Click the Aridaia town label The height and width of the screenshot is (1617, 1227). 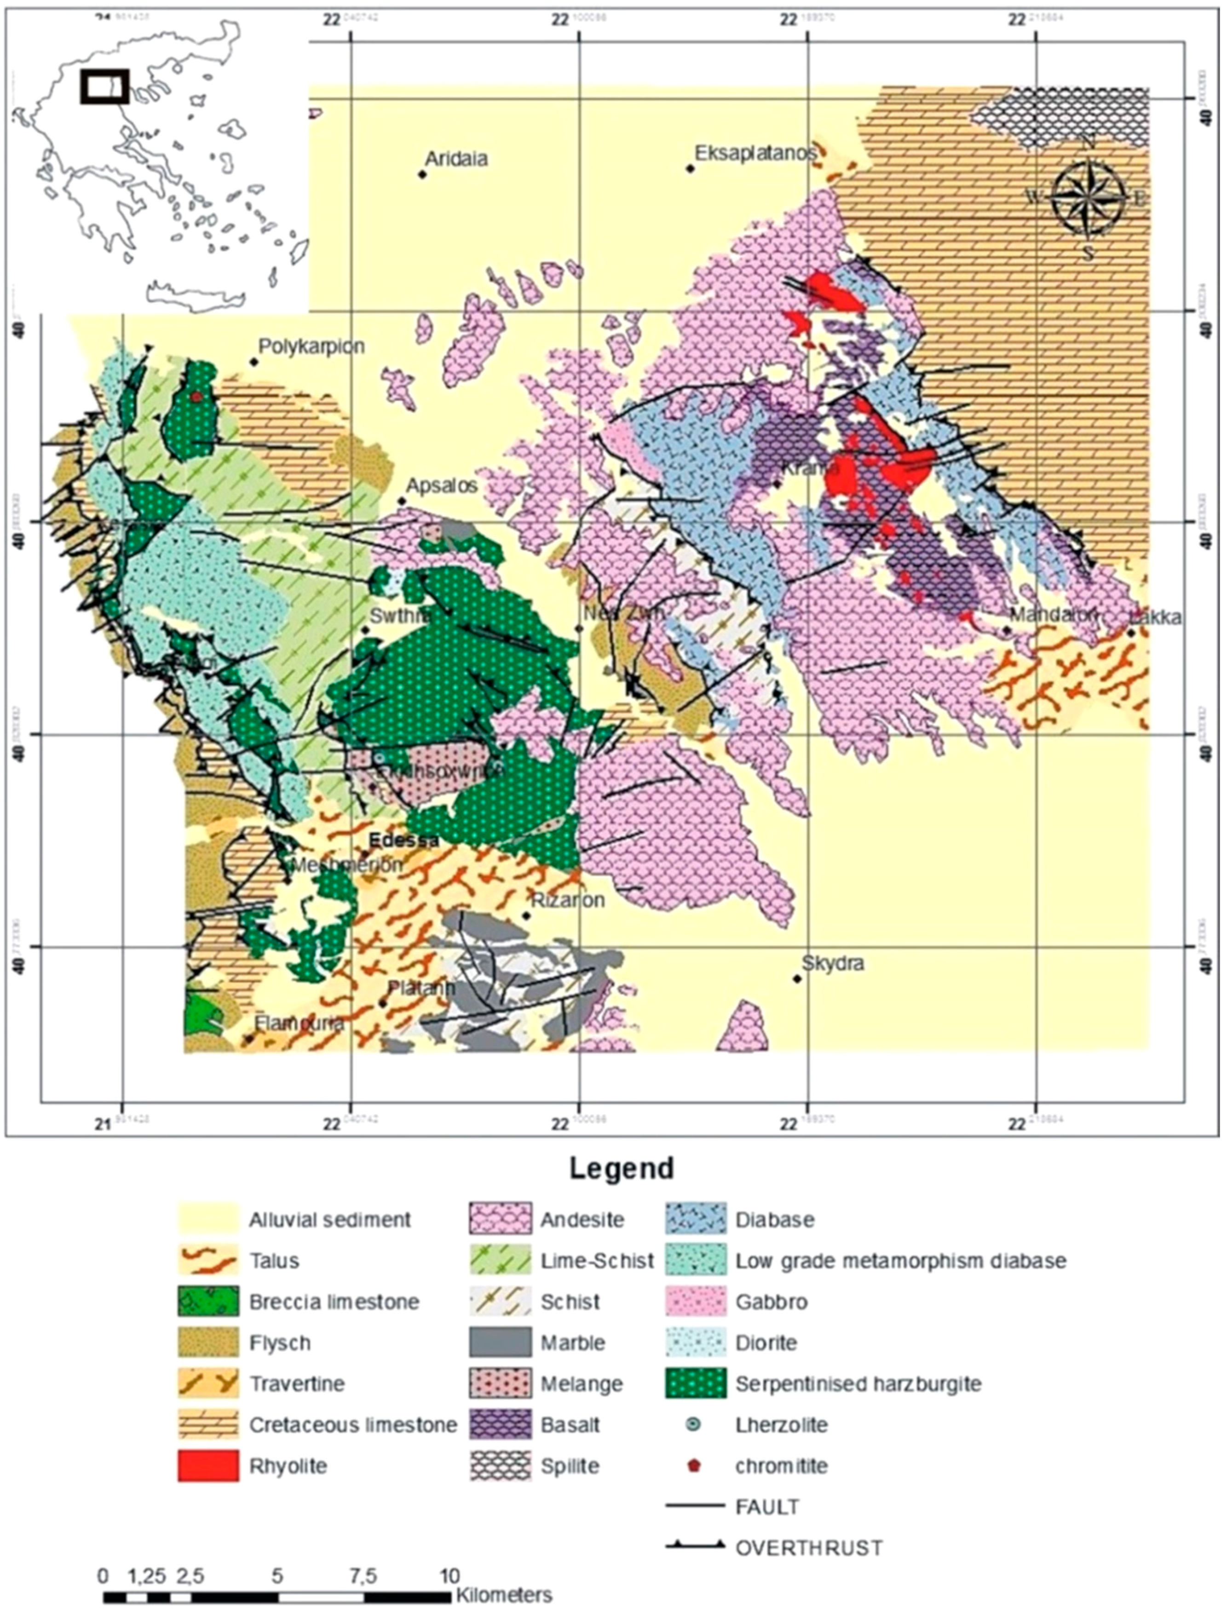(456, 159)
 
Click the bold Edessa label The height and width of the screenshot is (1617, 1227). (404, 840)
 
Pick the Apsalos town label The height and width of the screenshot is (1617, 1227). (442, 485)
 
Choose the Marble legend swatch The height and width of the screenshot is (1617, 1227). (500, 1343)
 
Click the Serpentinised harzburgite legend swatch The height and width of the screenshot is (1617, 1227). (696, 1384)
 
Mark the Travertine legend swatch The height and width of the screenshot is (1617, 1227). (208, 1384)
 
